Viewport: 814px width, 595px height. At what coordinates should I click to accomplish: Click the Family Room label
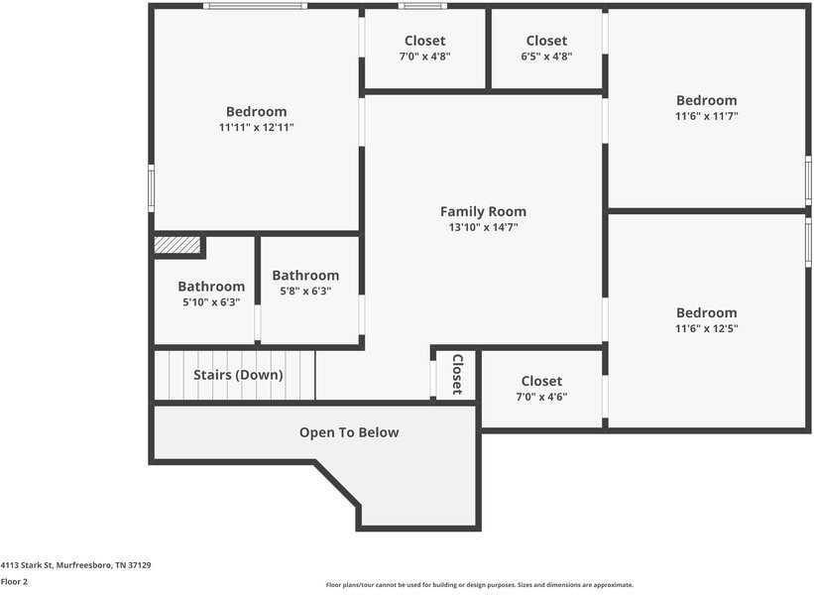point(483,211)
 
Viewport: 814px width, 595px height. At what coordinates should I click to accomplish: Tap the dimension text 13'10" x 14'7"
point(483,227)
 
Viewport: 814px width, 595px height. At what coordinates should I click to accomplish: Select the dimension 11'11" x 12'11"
point(256,127)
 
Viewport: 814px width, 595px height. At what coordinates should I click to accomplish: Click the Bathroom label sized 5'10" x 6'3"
point(211,287)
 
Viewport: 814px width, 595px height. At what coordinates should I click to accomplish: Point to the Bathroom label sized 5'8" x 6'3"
point(305,276)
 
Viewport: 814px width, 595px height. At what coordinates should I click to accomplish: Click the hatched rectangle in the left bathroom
point(177,245)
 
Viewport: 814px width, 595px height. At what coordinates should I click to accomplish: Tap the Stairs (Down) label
point(238,375)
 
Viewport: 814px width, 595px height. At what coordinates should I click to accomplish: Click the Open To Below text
point(349,432)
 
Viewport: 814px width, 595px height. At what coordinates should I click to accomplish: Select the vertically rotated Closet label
point(457,374)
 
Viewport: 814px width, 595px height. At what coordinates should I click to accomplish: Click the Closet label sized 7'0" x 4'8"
point(424,41)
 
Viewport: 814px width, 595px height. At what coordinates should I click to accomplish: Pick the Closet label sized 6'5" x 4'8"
point(546,41)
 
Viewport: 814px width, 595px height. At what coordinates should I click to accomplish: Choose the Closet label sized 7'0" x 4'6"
point(541,381)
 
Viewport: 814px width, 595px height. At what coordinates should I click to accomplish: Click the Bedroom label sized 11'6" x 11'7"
point(706,100)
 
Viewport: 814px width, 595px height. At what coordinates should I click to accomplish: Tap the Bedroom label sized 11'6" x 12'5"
point(706,312)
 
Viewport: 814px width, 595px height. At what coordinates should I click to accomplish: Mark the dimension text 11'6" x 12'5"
point(706,328)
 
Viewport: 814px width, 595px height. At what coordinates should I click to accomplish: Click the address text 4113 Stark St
point(75,565)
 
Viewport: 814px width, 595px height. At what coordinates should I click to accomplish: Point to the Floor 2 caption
point(14,581)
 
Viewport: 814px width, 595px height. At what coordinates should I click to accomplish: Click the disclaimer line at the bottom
point(479,585)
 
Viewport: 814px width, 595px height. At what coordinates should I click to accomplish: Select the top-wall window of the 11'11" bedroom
point(255,6)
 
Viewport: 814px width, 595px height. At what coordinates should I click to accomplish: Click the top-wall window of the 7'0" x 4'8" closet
point(415,6)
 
